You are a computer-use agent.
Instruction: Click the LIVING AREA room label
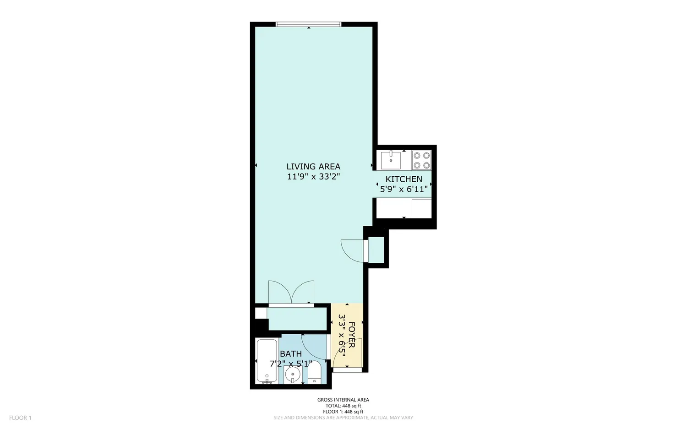tap(313, 167)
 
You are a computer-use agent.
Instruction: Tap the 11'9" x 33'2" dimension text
tap(313, 177)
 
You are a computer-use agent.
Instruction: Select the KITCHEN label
tap(403, 179)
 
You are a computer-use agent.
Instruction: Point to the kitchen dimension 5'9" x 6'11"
tap(403, 189)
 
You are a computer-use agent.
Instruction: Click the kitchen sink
tap(391, 161)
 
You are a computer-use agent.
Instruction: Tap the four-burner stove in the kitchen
tap(421, 160)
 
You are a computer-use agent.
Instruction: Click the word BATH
tap(291, 354)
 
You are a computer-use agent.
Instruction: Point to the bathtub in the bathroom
tap(267, 360)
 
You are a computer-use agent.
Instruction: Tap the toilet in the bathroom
tap(315, 372)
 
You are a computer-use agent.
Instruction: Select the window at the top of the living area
tap(308, 24)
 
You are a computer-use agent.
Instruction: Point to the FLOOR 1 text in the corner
tap(20, 418)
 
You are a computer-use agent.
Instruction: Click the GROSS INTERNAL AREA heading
tap(343, 400)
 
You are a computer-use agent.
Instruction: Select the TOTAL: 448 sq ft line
tap(343, 406)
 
